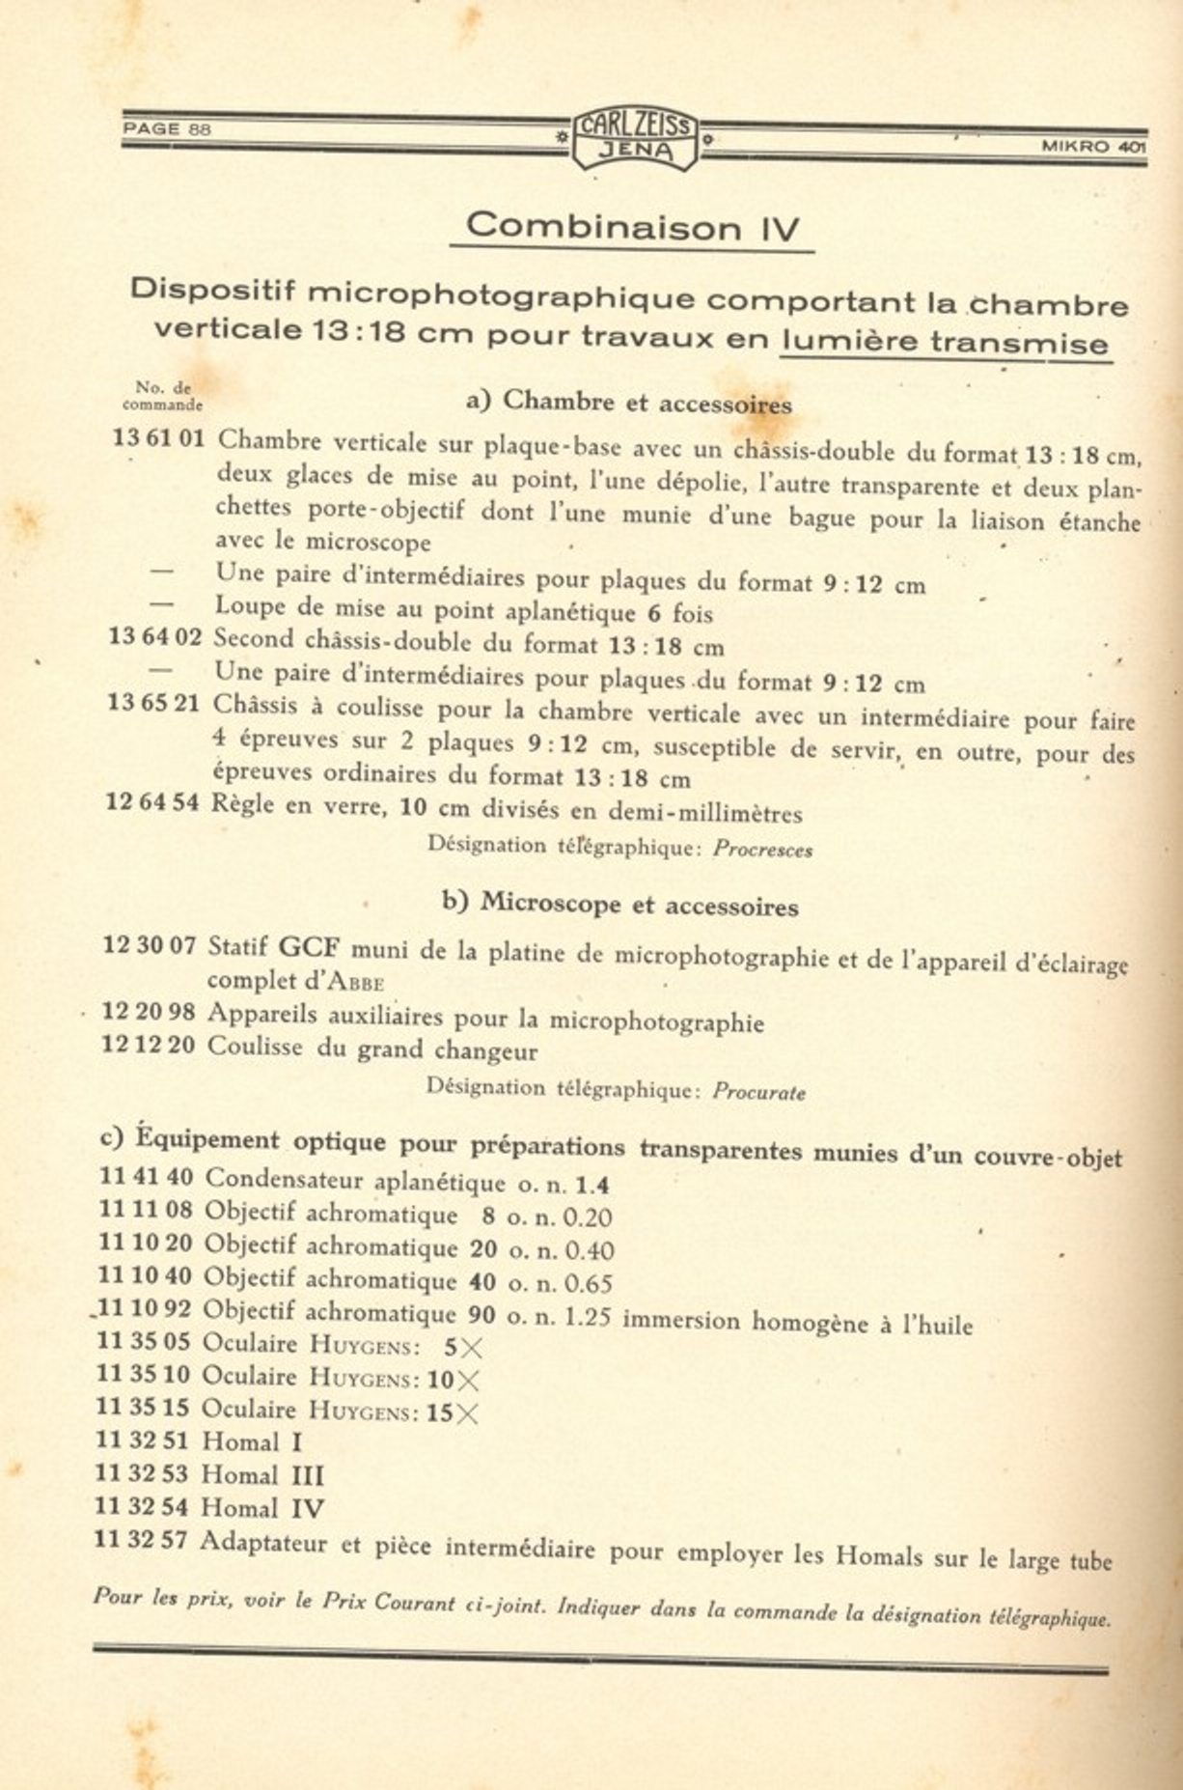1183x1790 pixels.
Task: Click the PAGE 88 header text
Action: (166, 128)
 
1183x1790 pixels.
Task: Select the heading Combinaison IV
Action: (632, 227)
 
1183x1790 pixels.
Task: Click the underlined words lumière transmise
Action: (945, 342)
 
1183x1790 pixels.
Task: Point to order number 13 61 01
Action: (158, 438)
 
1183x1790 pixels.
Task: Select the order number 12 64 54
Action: (151, 801)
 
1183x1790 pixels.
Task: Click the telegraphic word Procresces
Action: (762, 850)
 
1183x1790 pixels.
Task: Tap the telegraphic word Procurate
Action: (758, 1092)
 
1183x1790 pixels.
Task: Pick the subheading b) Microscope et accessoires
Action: (620, 904)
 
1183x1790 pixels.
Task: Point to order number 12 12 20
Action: (148, 1046)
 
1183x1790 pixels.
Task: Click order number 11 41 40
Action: (146, 1178)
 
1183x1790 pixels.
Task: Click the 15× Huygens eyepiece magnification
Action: (452, 1412)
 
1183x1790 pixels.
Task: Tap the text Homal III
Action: (262, 1475)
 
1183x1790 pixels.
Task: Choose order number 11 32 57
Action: (142, 1540)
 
